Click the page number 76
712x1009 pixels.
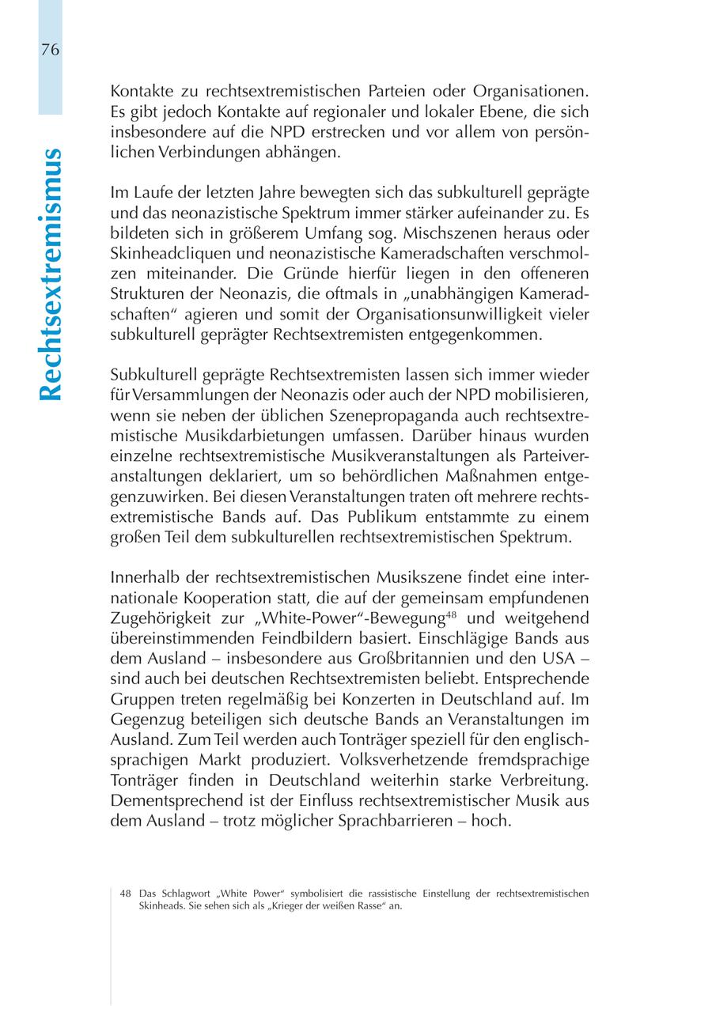click(x=49, y=50)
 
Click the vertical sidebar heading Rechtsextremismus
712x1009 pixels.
click(x=50, y=274)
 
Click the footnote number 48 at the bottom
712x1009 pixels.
click(x=125, y=894)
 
